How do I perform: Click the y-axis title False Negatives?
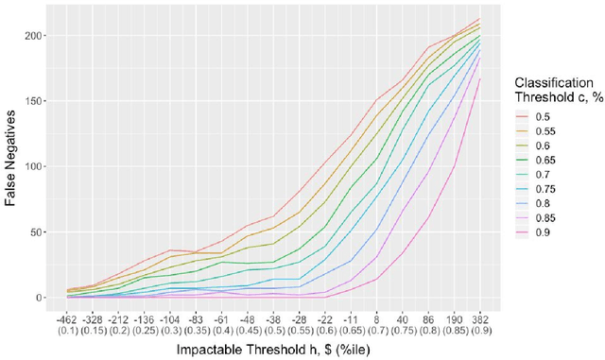pos(13,157)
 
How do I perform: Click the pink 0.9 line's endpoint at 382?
pos(479,79)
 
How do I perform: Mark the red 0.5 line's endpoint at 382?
pos(479,19)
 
